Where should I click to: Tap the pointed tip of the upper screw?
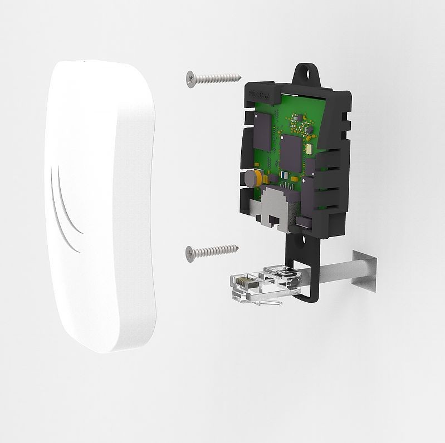click(241, 76)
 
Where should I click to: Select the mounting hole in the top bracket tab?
click(305, 71)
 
